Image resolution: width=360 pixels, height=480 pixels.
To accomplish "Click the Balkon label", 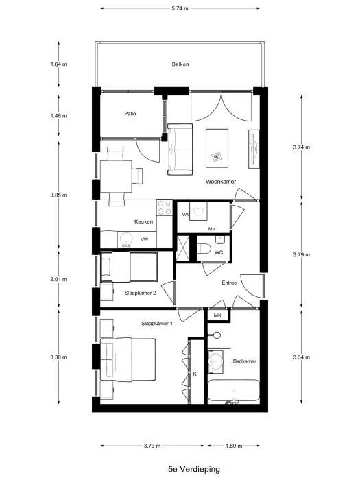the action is coord(180,64).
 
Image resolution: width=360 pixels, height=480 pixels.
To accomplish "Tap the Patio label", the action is coord(130,114).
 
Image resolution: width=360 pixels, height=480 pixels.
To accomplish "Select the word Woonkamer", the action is coord(221,182).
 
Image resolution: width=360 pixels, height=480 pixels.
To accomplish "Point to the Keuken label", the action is coord(143,221).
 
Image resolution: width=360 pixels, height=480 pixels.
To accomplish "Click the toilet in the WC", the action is coord(203,248).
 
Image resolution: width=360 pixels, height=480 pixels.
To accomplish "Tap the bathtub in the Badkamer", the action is coord(234,391).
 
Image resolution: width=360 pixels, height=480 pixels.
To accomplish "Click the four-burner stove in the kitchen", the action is coord(165,208).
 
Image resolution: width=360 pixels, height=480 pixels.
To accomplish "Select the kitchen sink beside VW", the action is coord(125,239).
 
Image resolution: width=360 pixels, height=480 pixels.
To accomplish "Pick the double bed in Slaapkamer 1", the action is coord(128,360).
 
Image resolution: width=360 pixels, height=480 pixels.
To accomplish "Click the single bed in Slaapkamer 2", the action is coord(129,267).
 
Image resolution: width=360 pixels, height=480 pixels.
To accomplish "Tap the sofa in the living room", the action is coord(180,149).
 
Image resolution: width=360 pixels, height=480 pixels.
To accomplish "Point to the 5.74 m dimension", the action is coord(180,8).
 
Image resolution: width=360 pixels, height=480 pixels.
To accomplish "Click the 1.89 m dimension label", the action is coord(234,446).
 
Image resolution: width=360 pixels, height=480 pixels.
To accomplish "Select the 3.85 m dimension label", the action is coord(59,195).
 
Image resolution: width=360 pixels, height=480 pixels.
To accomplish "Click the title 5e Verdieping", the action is coord(194,469).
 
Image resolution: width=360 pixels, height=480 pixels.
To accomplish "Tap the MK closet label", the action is coord(217,315).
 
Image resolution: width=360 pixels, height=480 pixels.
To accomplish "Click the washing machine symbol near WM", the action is coord(198,211).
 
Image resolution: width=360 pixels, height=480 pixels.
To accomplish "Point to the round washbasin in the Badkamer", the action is coord(215,362).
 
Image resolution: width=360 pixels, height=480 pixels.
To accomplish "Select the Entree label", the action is coord(229,283).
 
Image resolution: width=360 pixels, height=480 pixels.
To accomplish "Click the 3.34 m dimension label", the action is coord(302,357).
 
